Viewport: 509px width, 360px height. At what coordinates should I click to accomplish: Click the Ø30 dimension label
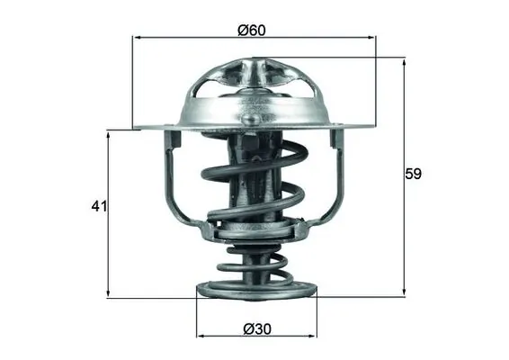256,329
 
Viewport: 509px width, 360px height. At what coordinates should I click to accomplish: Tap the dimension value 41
98,207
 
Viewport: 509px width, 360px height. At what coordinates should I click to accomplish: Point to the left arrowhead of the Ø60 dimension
137,38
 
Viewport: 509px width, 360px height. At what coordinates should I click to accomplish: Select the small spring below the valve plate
255,265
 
